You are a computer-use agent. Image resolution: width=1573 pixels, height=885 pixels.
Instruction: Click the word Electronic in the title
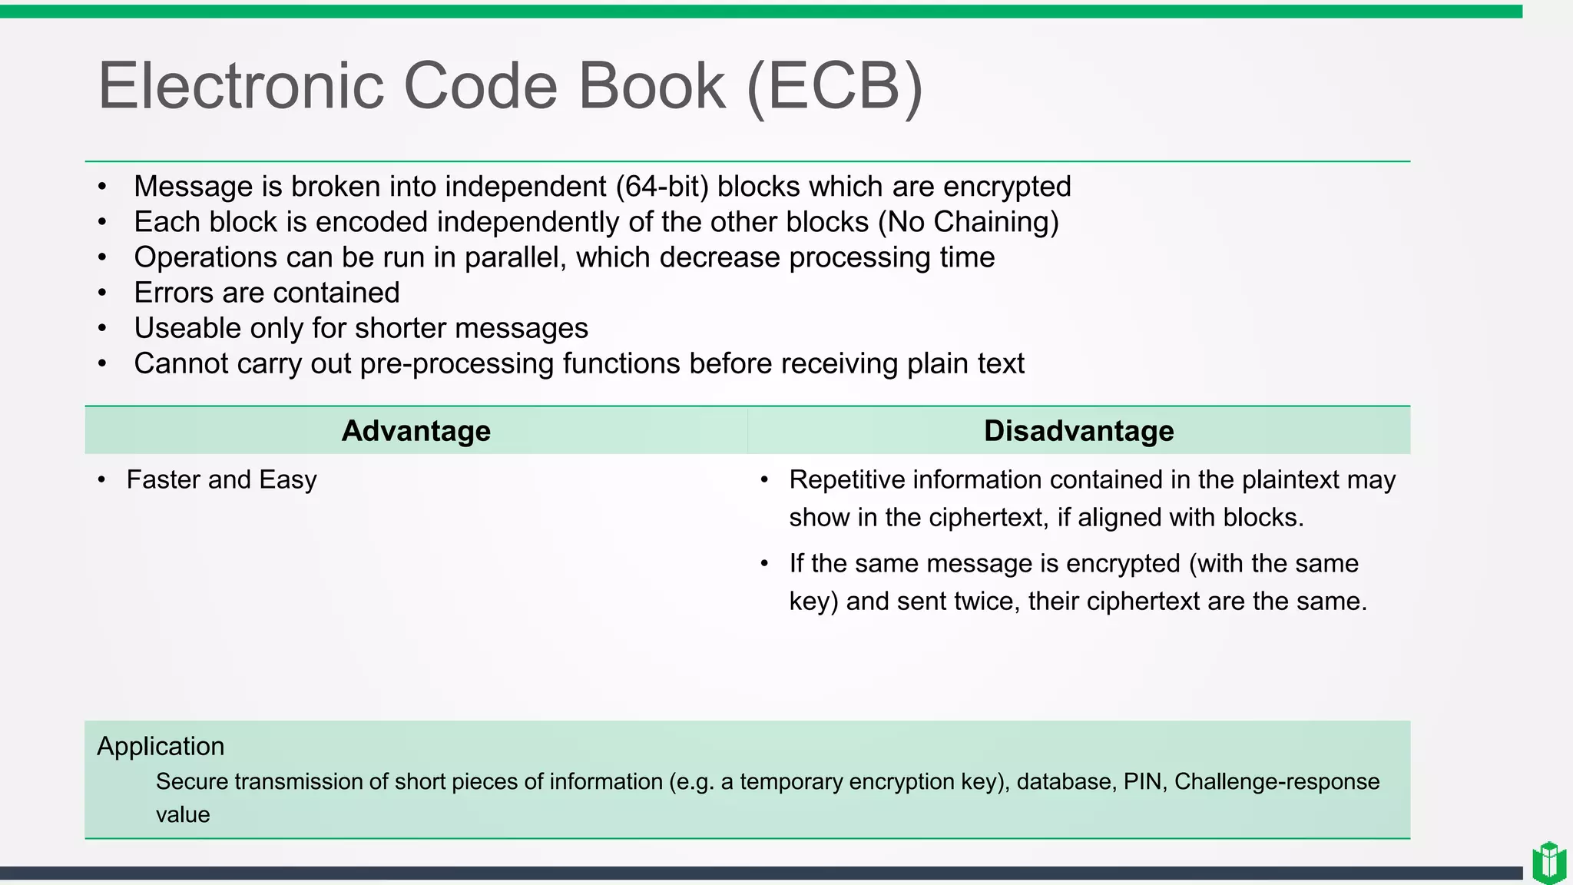pyautogui.click(x=240, y=85)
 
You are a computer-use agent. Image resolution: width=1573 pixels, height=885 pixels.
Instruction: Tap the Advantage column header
pyautogui.click(x=416, y=431)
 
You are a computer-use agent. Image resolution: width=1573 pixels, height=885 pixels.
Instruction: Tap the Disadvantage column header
pyautogui.click(x=1078, y=431)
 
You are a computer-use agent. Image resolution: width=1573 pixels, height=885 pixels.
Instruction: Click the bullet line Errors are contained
pyautogui.click(x=267, y=293)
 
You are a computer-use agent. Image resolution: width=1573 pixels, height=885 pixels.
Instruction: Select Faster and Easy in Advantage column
pyautogui.click(x=221, y=479)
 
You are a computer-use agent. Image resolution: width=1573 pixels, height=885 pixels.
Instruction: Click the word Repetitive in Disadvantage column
pyautogui.click(x=846, y=479)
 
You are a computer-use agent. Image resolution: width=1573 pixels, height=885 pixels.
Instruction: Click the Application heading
pyautogui.click(x=161, y=746)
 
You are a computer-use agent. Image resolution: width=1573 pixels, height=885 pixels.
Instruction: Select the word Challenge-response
pyautogui.click(x=1277, y=781)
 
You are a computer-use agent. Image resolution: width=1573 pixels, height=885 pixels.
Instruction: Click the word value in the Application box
pyautogui.click(x=183, y=814)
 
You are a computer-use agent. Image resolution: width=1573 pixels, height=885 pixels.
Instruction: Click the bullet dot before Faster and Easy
pyautogui.click(x=102, y=480)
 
